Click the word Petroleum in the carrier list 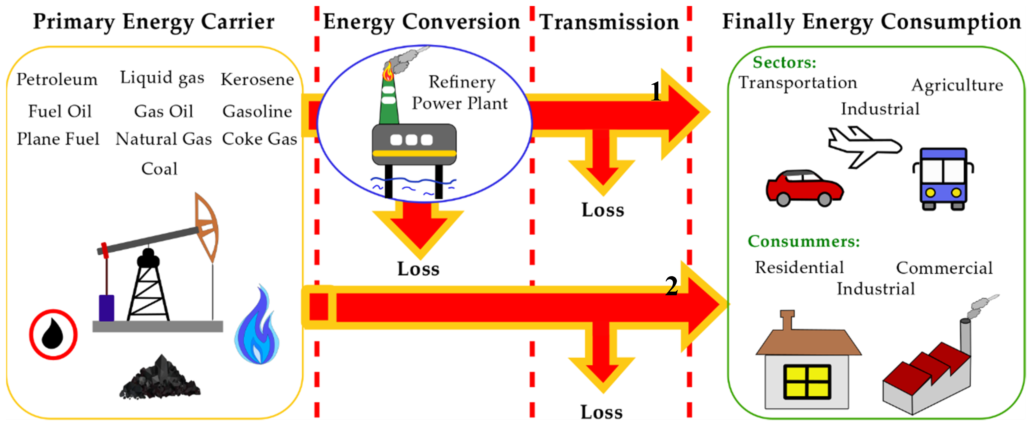pyautogui.click(x=57, y=79)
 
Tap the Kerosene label pyautogui.click(x=257, y=79)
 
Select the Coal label pyautogui.click(x=159, y=169)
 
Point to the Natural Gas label pyautogui.click(x=163, y=139)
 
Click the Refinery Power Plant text pyautogui.click(x=460, y=93)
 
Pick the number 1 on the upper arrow pyautogui.click(x=656, y=91)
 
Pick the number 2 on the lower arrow pyautogui.click(x=672, y=286)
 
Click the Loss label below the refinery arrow pyautogui.click(x=418, y=269)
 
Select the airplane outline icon pyautogui.click(x=864, y=147)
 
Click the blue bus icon pyautogui.click(x=943, y=179)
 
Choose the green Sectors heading pyautogui.click(x=785, y=63)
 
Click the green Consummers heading pyautogui.click(x=804, y=241)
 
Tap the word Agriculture pyautogui.click(x=957, y=85)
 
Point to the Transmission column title pyautogui.click(x=610, y=22)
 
